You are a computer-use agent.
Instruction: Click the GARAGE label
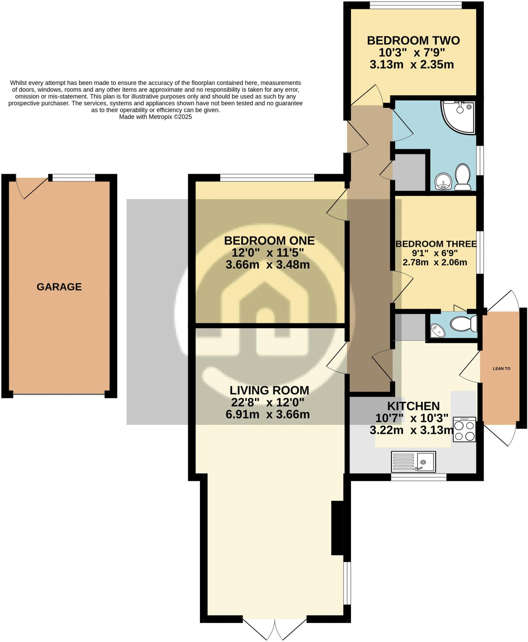[x=59, y=287]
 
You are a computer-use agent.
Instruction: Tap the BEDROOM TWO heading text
[x=413, y=41]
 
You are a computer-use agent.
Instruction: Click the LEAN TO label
[x=501, y=369]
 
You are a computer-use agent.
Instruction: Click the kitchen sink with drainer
[x=413, y=462]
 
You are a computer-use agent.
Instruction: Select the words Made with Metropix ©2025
[x=155, y=117]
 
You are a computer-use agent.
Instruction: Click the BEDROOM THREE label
[x=436, y=244]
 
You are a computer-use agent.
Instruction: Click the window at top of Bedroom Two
[x=416, y=5]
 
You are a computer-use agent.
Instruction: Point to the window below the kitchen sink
[x=418, y=477]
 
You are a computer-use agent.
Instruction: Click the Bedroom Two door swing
[x=370, y=96]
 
